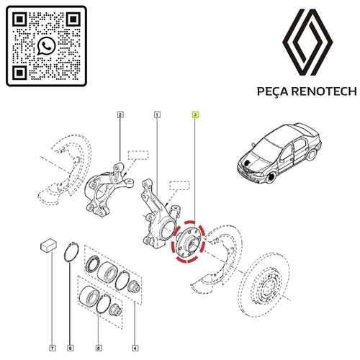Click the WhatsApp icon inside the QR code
47,45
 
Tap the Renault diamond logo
307,42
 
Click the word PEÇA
272,91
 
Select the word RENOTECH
324,91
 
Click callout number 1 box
157,114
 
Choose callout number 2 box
120,114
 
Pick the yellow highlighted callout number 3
195,115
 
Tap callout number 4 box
135,348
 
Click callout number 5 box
99,348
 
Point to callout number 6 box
71,348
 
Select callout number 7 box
53,348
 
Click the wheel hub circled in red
189,241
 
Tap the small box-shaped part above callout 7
48,246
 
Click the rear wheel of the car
312,154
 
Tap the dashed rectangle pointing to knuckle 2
138,156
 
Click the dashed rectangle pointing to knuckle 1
179,186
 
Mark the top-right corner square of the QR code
73,19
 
